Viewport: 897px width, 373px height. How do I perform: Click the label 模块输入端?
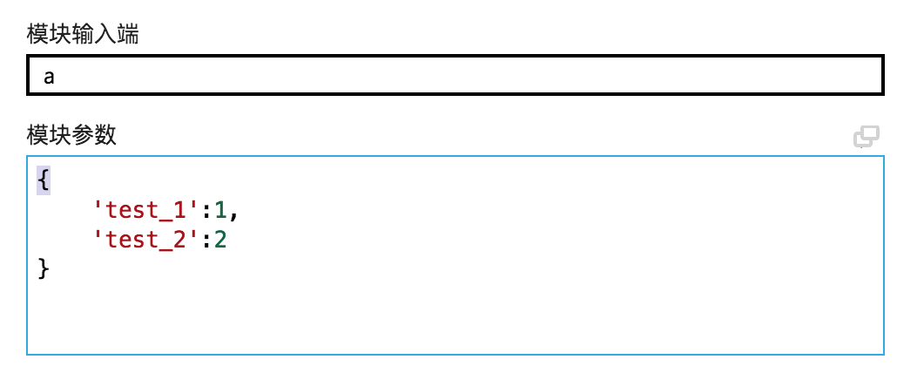83,35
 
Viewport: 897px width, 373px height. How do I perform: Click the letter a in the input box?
50,76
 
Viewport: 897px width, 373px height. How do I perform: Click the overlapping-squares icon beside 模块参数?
866,137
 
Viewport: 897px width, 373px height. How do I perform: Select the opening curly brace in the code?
44,180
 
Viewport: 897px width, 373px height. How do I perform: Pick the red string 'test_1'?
142,209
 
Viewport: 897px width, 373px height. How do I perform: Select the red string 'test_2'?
142,239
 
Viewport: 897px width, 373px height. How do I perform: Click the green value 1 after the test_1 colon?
220,209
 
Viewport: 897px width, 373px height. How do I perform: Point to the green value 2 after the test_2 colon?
220,239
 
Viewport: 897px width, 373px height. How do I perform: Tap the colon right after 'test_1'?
207,210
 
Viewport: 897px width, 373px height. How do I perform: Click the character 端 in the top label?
128,35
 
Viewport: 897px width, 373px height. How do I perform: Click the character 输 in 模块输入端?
83,35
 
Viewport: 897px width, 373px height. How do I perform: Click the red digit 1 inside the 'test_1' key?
181,209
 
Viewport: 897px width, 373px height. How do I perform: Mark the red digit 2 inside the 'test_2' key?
181,239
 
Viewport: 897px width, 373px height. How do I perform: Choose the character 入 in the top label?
105,35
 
